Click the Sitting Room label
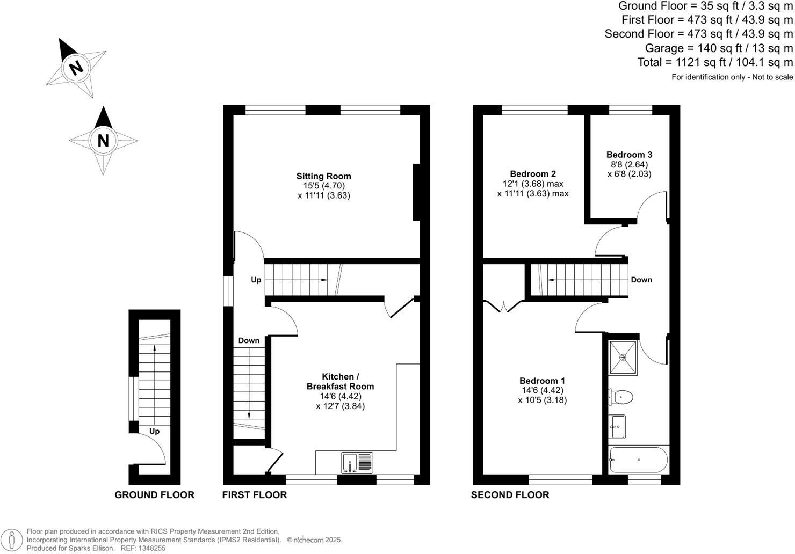323,176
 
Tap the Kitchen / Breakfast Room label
340,381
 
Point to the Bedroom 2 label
532,174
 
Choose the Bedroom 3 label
629,155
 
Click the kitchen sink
357,462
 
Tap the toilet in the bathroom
621,397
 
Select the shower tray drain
623,357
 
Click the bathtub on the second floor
638,460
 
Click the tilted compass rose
76,68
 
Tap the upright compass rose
103,140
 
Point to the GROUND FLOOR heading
154,495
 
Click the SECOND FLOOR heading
510,495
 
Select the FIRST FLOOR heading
254,495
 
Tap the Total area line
714,62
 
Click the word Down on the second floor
641,280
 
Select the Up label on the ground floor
154,431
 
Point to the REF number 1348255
151,548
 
